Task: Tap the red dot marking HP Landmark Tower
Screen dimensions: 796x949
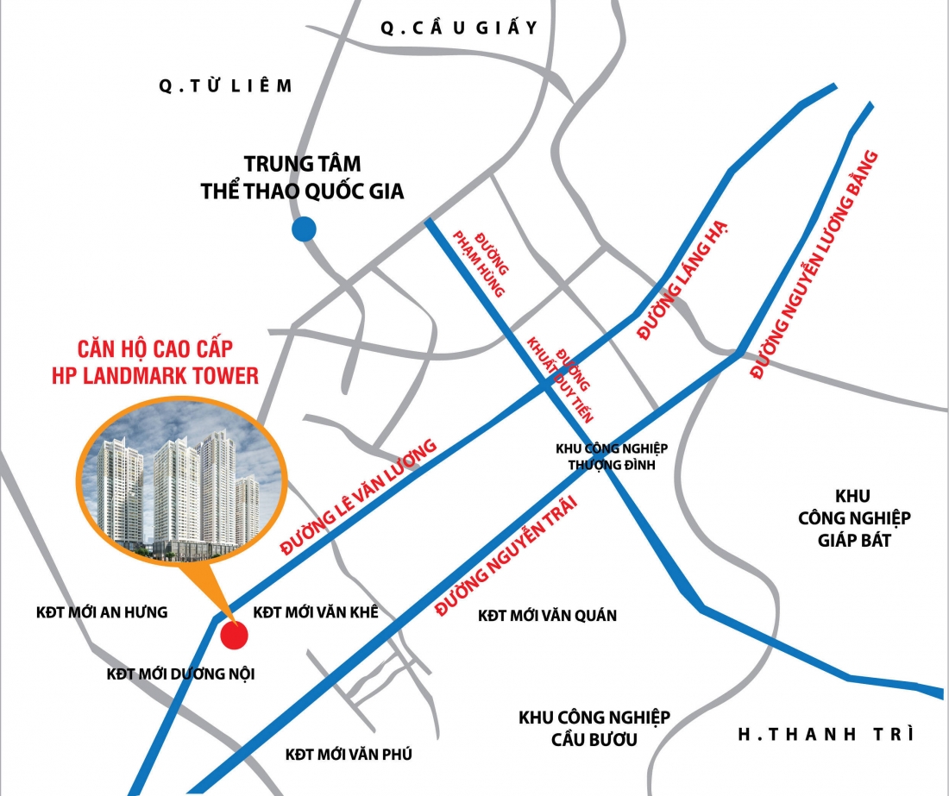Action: coord(234,636)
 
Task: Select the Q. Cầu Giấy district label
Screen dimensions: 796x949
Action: coord(460,28)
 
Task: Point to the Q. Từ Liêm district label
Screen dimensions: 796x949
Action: coord(226,85)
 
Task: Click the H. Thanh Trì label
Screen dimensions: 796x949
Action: coord(826,735)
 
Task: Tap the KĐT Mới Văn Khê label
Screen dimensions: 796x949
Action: coord(317,612)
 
